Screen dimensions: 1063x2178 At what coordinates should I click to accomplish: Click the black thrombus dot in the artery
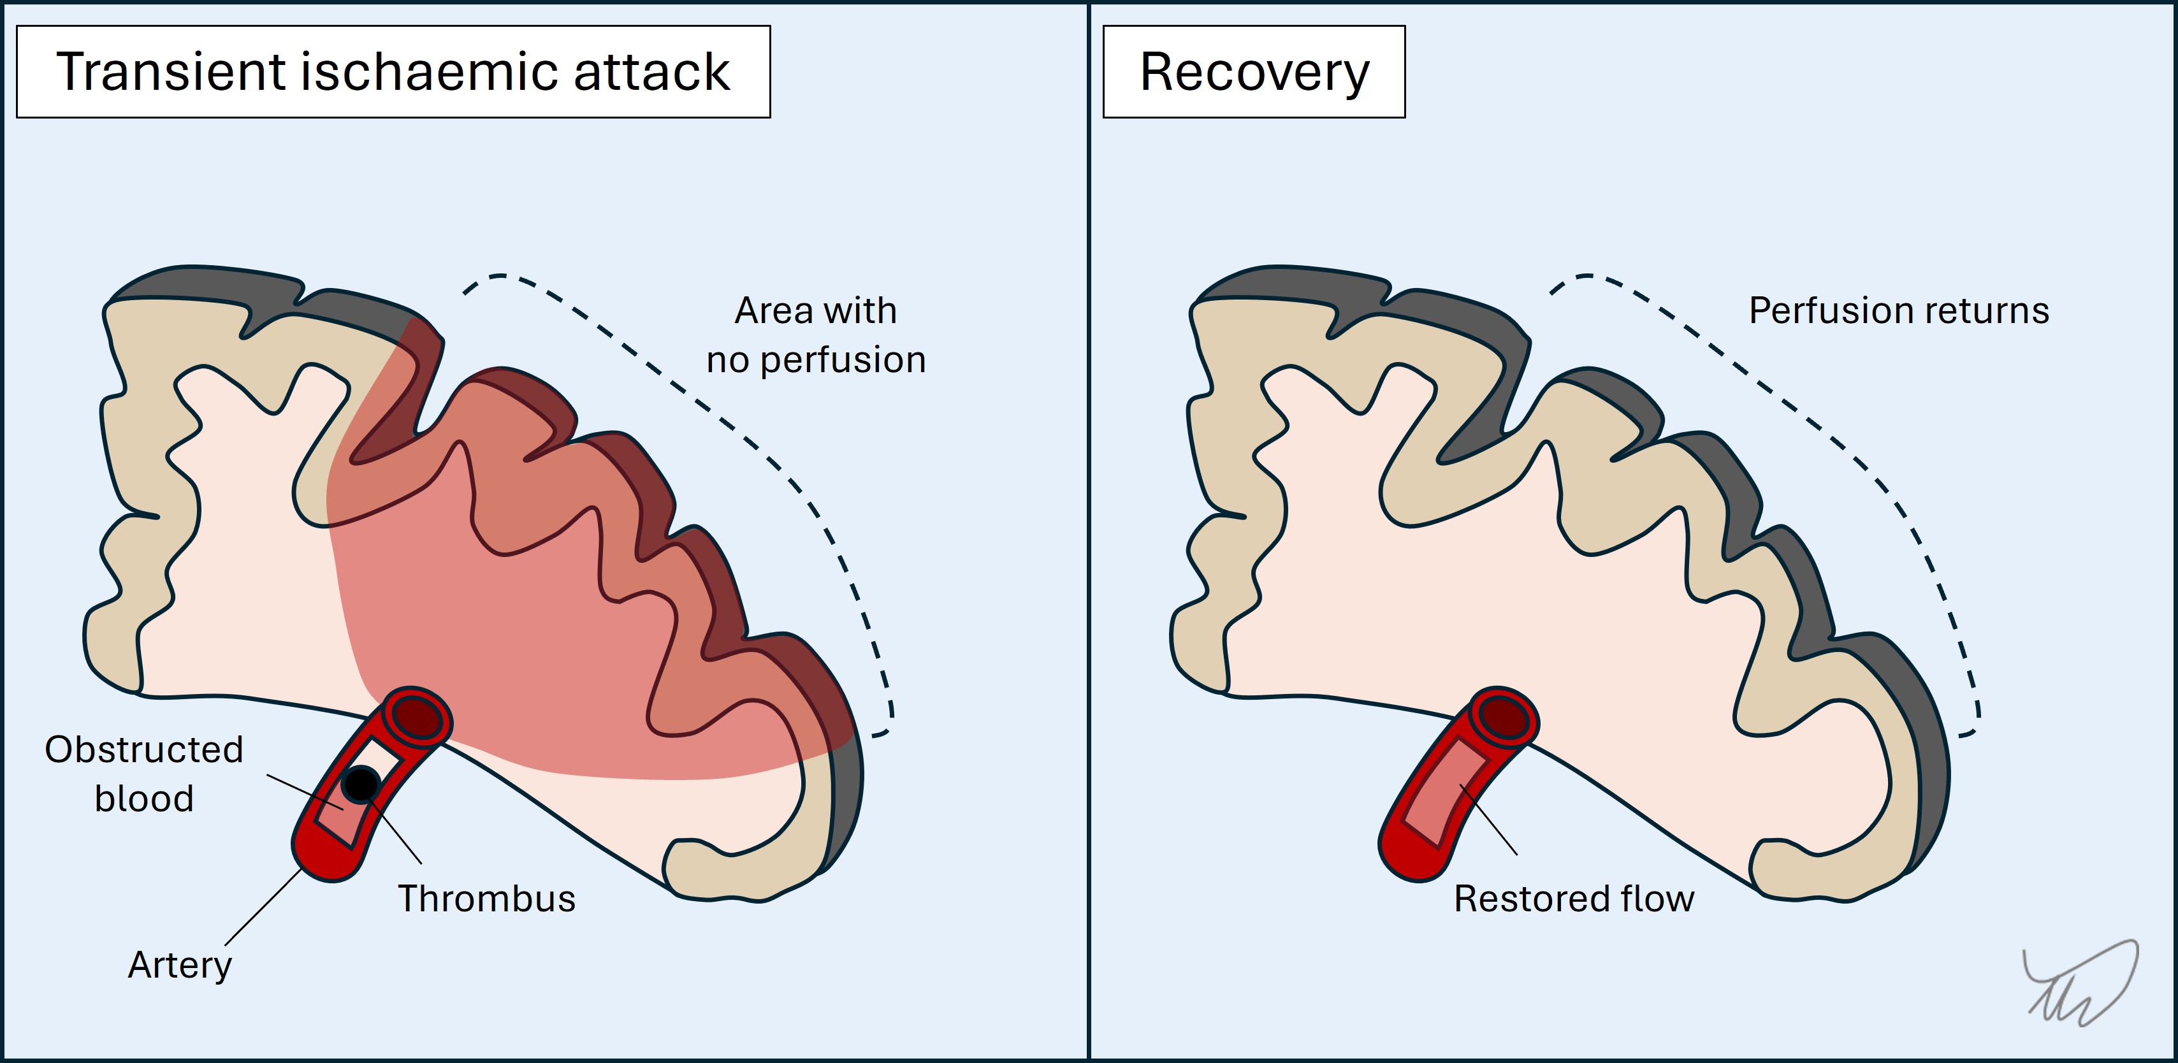coord(361,784)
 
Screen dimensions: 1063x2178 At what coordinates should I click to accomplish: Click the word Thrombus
coord(486,898)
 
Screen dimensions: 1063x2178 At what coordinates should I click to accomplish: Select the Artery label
coord(179,965)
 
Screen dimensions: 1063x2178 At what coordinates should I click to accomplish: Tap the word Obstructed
coord(144,749)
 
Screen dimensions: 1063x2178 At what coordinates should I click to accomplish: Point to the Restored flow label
coord(1574,898)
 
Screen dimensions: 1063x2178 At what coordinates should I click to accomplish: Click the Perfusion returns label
coord(1898,310)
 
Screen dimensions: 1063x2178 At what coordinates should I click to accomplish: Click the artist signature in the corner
coord(2080,985)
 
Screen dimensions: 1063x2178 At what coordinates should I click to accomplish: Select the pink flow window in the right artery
coord(1442,791)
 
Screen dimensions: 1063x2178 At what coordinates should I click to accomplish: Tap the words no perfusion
coord(816,360)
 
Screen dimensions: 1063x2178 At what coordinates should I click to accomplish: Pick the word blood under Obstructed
coord(144,799)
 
